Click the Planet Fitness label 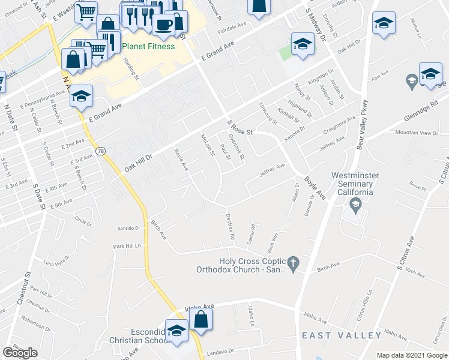148,46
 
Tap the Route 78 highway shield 101,151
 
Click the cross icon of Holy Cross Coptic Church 293,262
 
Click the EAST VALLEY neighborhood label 342,335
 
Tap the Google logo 20,353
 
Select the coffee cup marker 163,25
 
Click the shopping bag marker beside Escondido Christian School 201,320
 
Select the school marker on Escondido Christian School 176,331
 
